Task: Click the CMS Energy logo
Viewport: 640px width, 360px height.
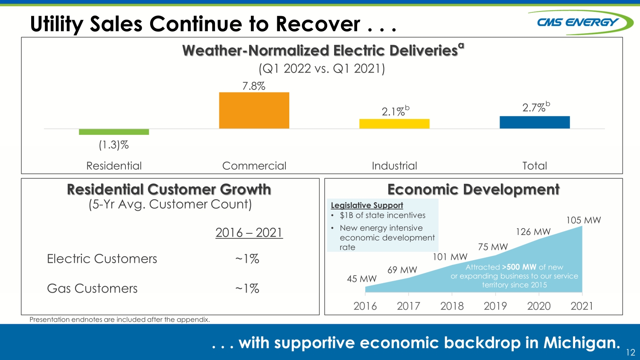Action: click(580, 22)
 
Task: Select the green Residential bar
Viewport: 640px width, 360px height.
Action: click(114, 132)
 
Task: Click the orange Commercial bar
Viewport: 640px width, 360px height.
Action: click(254, 110)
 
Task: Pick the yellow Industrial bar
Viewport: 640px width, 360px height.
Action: click(394, 124)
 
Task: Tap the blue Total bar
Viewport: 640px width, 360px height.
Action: click(535, 122)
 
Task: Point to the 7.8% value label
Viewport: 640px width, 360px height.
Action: click(254, 86)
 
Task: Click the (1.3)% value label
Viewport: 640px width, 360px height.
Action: click(114, 145)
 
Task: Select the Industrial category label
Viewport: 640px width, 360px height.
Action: click(394, 166)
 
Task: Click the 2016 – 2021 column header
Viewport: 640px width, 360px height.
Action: click(249, 232)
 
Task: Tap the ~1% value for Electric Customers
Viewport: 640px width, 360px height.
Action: click(247, 259)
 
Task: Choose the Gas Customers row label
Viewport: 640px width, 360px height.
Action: click(92, 288)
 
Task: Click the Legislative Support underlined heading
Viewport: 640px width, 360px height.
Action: click(367, 206)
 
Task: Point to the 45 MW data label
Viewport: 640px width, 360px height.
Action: click(362, 279)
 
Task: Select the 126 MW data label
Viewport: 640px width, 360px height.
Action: click(533, 232)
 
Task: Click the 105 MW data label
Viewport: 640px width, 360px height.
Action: click(583, 220)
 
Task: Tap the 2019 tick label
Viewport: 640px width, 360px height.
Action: click(495, 306)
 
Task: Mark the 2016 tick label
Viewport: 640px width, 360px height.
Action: click(365, 306)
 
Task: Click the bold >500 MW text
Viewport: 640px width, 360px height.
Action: click(519, 267)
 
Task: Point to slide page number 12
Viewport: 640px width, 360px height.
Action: click(631, 352)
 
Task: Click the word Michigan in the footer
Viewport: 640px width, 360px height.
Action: click(582, 343)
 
